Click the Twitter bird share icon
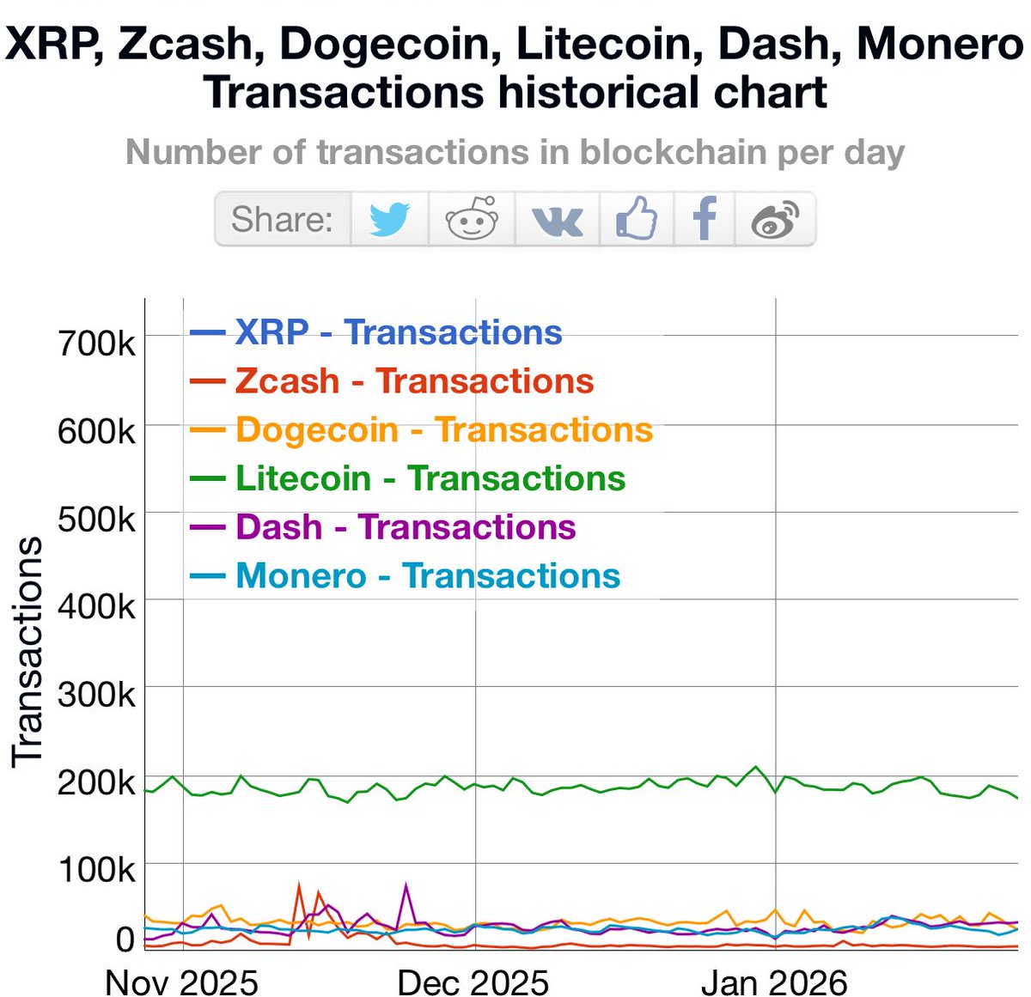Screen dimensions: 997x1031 click(x=389, y=219)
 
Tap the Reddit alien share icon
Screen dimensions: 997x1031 click(x=472, y=219)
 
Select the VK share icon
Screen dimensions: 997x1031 click(x=558, y=220)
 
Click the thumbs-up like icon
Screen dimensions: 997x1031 click(x=637, y=218)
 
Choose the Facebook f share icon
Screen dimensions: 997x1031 click(x=705, y=218)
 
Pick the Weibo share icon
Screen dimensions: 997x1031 click(x=775, y=220)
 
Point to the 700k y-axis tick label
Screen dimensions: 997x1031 click(x=96, y=343)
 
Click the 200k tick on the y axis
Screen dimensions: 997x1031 click(x=96, y=783)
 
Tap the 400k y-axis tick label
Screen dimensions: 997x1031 click(x=96, y=607)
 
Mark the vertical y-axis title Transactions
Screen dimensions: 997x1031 click(x=27, y=651)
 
